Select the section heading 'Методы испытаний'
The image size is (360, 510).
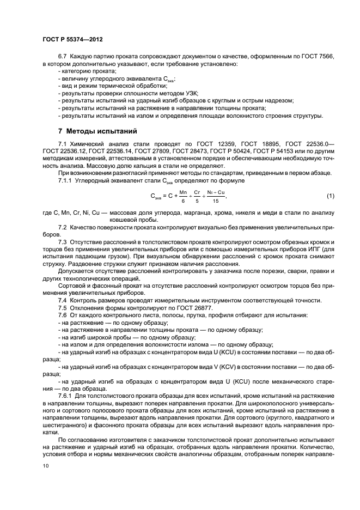[x=97, y=131]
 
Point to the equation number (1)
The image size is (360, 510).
[x=330, y=196]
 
